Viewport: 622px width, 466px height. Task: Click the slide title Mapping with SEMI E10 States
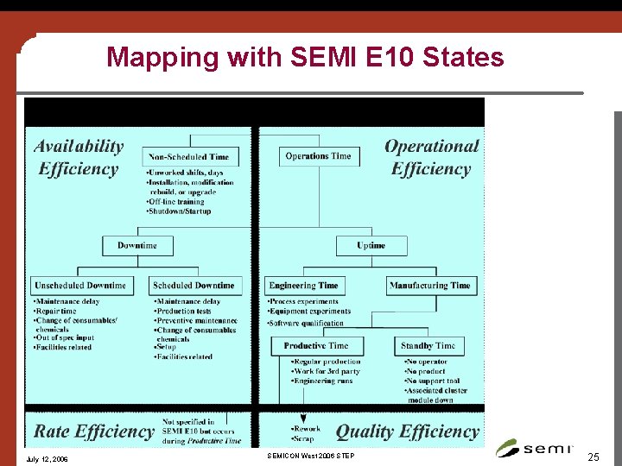pyautogui.click(x=305, y=58)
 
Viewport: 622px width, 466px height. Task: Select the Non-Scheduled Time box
pyautogui.click(x=189, y=156)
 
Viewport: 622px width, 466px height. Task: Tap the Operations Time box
pyautogui.click(x=318, y=156)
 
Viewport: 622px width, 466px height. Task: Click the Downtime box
pyautogui.click(x=137, y=246)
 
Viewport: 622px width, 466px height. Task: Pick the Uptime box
pyautogui.click(x=371, y=246)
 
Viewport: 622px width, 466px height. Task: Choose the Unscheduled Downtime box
pyautogui.click(x=80, y=286)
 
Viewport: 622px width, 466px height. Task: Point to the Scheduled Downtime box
pyautogui.click(x=194, y=286)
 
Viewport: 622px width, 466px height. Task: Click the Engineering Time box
pyautogui.click(x=303, y=286)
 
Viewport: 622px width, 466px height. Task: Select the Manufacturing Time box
pyautogui.click(x=429, y=286)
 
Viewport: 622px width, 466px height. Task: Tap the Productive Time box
pyautogui.click(x=316, y=346)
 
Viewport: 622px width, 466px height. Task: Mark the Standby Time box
pyautogui.click(x=428, y=346)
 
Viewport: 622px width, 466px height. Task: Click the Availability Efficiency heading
pyautogui.click(x=79, y=158)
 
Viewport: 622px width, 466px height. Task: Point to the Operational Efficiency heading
pyautogui.click(x=430, y=158)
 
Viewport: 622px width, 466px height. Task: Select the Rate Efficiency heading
pyautogui.click(x=93, y=431)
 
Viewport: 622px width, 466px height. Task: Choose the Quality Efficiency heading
pyautogui.click(x=407, y=431)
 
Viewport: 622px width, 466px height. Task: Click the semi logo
pyautogui.click(x=530, y=447)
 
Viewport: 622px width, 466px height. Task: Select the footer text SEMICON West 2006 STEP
pyautogui.click(x=310, y=455)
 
